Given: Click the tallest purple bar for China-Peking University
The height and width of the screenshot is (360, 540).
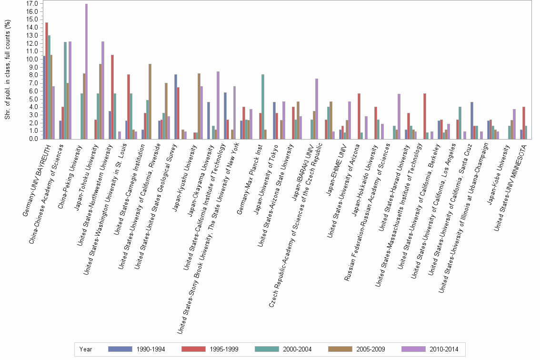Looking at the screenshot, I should (x=86, y=71).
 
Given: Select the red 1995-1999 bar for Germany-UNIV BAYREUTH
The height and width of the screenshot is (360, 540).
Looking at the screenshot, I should (x=47, y=81).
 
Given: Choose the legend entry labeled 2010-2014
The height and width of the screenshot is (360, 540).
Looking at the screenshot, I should (x=444, y=349).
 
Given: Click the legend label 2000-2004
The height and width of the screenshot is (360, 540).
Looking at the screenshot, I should (x=297, y=349).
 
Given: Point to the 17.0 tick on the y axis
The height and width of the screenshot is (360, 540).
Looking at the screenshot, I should (x=32, y=3).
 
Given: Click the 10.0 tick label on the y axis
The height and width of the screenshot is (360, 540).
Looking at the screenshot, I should (x=32, y=59).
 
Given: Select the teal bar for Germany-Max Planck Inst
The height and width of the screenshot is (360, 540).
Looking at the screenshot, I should (x=263, y=107).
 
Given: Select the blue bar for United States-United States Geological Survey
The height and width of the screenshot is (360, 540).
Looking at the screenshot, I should (x=175, y=107).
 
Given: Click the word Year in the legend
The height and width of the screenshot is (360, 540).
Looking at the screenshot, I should (x=86, y=349).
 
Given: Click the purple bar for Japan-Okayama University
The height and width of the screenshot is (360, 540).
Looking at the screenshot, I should (x=218, y=105).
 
